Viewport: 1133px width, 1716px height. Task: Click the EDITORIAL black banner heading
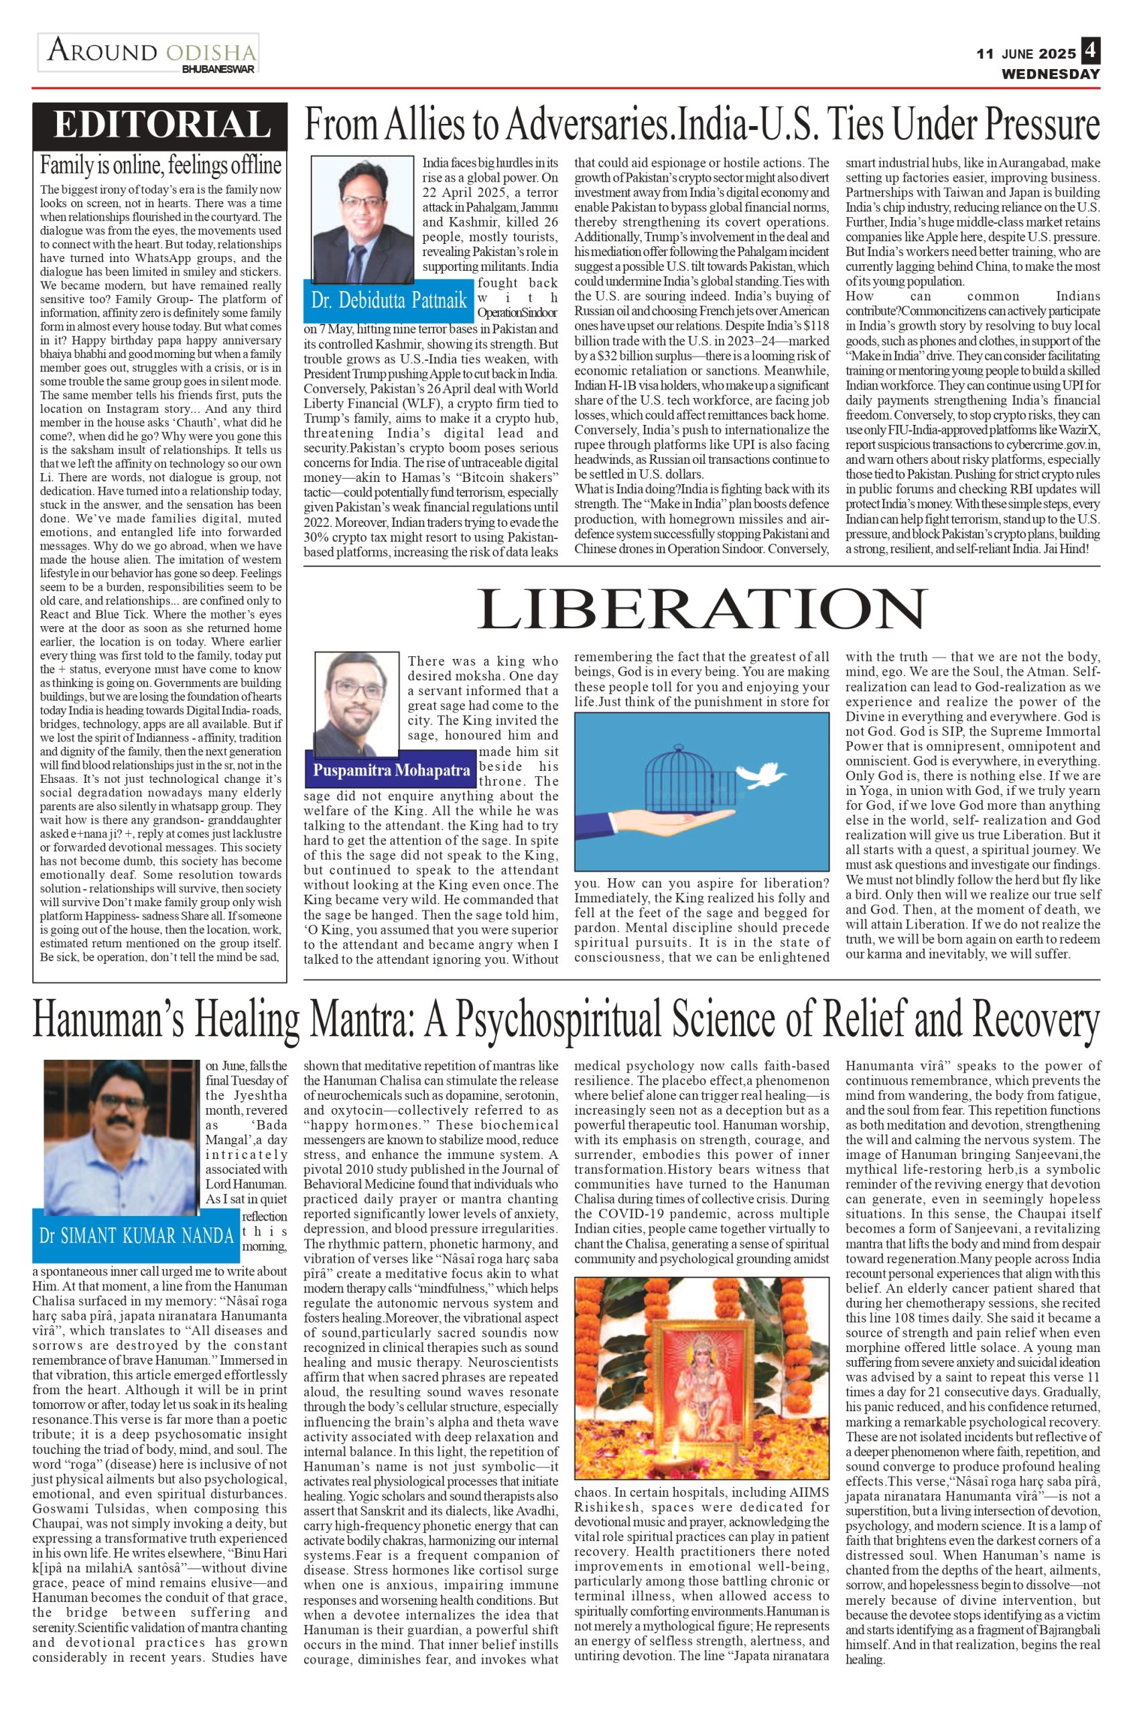[x=160, y=124]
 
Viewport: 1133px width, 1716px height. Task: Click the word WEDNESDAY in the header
[x=1050, y=74]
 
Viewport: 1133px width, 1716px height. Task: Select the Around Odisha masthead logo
[x=149, y=54]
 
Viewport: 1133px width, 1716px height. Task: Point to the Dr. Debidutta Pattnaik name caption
[x=389, y=300]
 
